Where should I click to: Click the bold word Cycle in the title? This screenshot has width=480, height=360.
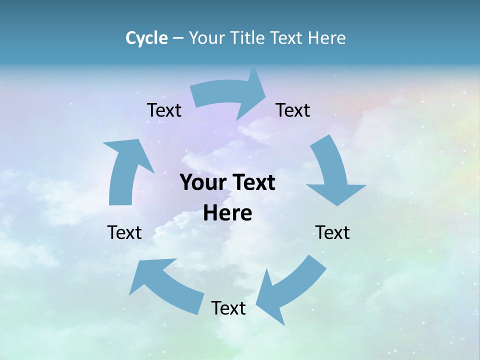coord(146,38)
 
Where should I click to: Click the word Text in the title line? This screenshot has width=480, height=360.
coord(286,38)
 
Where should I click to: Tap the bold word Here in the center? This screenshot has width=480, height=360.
coord(227,213)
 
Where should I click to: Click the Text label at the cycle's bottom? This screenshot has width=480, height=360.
coord(228,308)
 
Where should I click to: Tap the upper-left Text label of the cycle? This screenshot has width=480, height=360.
coord(164,110)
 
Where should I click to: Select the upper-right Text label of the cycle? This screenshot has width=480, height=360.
coord(293,110)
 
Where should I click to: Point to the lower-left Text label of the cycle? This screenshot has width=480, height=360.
coord(124,232)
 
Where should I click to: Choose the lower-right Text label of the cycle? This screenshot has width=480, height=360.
coord(332,232)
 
